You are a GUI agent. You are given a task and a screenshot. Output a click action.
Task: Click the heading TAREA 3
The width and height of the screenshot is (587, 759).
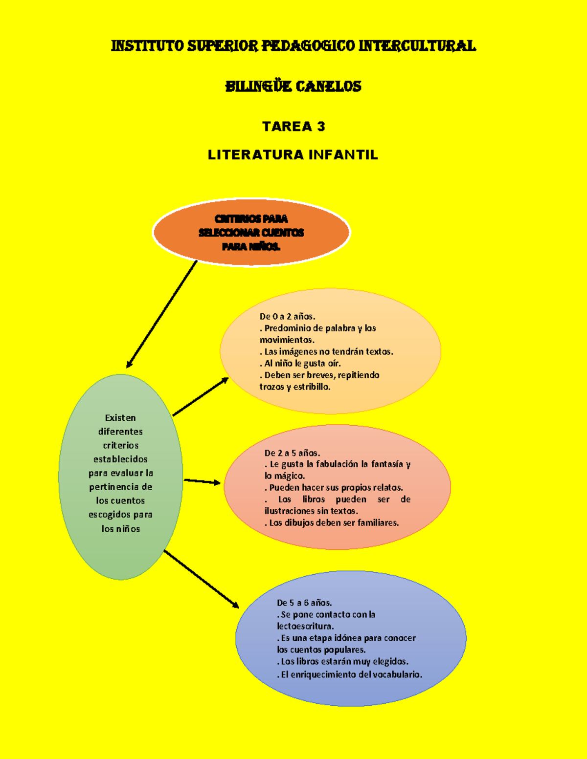click(293, 127)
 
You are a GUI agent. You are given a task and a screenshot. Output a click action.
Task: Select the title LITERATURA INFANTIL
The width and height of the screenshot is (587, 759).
click(293, 155)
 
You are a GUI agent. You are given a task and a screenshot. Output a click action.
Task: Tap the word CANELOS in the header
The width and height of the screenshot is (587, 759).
click(329, 87)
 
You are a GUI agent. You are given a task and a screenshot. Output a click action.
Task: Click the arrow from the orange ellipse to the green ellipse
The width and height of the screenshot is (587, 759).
click(161, 314)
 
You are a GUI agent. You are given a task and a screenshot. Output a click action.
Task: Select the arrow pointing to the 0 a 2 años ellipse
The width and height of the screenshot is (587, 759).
click(201, 396)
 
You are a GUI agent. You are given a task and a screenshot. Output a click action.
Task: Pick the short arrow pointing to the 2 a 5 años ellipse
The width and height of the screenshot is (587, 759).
click(202, 481)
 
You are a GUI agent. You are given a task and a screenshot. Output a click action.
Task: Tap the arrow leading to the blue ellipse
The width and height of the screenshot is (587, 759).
click(201, 579)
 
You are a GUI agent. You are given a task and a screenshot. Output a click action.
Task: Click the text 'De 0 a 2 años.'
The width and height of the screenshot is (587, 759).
click(287, 316)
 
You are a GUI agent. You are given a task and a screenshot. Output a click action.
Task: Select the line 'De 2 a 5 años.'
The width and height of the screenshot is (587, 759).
click(292, 453)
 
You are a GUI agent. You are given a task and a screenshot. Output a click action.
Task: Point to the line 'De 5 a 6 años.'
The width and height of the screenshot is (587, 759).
click(304, 603)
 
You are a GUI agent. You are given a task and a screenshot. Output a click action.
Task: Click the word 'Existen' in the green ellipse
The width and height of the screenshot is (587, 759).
click(120, 418)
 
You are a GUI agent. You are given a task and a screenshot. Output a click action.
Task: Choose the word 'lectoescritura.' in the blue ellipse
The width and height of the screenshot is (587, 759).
click(305, 626)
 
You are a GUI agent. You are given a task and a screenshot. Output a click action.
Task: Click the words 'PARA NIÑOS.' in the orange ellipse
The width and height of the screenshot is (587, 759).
click(251, 246)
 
